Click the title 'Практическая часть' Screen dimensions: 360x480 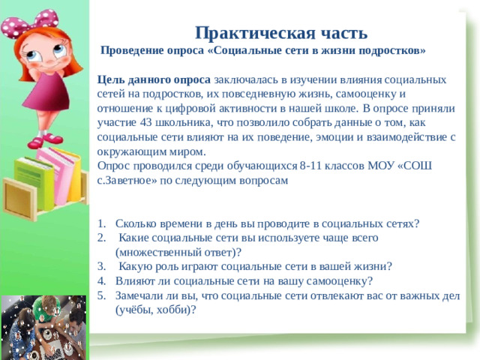[280, 33]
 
